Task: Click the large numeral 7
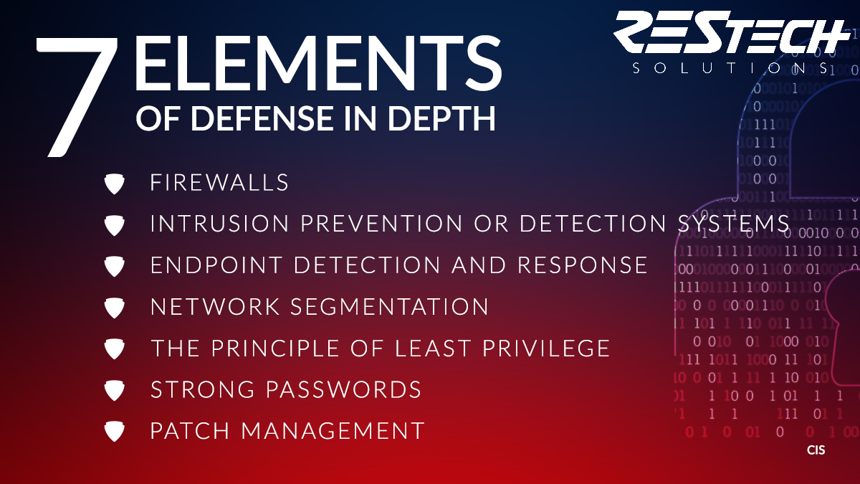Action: click(x=77, y=97)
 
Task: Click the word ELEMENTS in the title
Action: click(x=318, y=63)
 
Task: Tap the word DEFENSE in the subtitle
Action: click(x=262, y=118)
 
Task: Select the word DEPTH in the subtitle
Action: click(x=441, y=118)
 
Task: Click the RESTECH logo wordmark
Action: click(x=732, y=32)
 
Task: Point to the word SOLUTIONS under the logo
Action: click(x=730, y=68)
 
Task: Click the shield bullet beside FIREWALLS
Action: click(x=115, y=184)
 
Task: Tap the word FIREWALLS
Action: click(x=219, y=182)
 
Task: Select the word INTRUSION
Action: click(x=219, y=223)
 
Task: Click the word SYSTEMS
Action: click(x=733, y=223)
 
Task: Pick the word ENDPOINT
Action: click(x=216, y=265)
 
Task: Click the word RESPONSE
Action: click(x=583, y=265)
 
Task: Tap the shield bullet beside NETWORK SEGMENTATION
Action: click(x=115, y=308)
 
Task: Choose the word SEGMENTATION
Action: click(x=389, y=307)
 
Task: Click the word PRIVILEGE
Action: click(x=546, y=348)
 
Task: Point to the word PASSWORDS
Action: click(x=343, y=389)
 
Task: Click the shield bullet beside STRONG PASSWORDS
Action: click(x=115, y=390)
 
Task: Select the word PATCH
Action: click(x=190, y=431)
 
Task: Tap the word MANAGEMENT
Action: click(x=333, y=431)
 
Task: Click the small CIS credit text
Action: click(x=816, y=450)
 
